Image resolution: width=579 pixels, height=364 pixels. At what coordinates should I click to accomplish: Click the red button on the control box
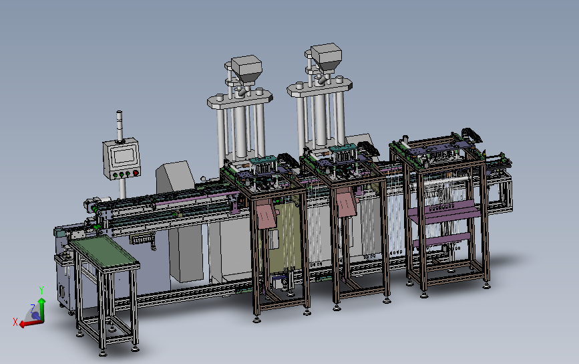pos(136,173)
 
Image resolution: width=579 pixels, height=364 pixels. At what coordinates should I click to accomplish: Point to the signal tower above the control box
pos(120,126)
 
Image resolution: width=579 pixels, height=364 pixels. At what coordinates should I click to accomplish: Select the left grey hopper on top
pos(246,69)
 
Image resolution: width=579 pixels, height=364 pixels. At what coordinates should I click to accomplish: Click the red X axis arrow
pos(31,323)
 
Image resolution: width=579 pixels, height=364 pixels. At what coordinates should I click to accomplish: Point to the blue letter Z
pos(33,308)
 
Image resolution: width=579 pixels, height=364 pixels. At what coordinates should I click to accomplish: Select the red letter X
pos(15,322)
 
